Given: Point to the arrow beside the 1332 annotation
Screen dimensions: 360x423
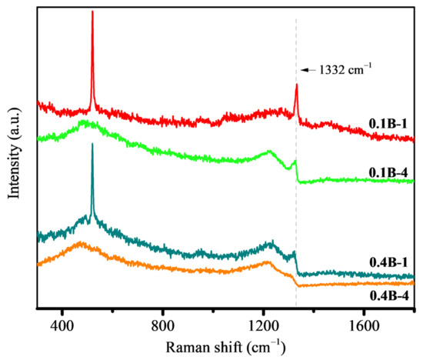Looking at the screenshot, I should (307, 71).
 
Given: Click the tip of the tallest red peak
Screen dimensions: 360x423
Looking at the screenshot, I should (92, 12).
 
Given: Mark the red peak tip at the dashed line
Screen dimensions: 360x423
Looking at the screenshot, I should (296, 85).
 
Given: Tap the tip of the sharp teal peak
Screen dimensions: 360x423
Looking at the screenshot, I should (92, 144).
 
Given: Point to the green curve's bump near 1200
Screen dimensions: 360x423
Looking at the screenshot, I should (269, 152).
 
